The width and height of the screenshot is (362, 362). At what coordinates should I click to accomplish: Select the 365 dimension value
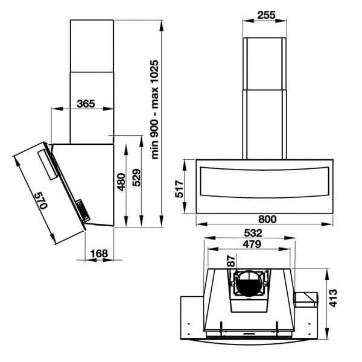(86, 103)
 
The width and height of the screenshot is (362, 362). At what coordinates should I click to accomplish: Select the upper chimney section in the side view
(92, 46)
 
